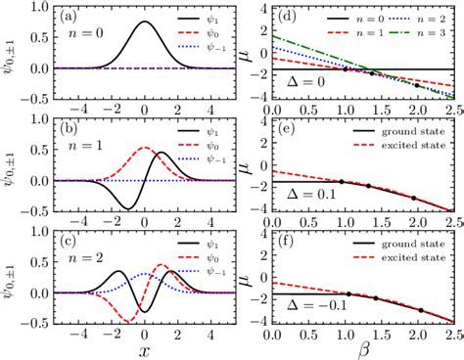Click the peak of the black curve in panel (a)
click(145, 22)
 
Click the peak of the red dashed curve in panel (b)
click(145, 148)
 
